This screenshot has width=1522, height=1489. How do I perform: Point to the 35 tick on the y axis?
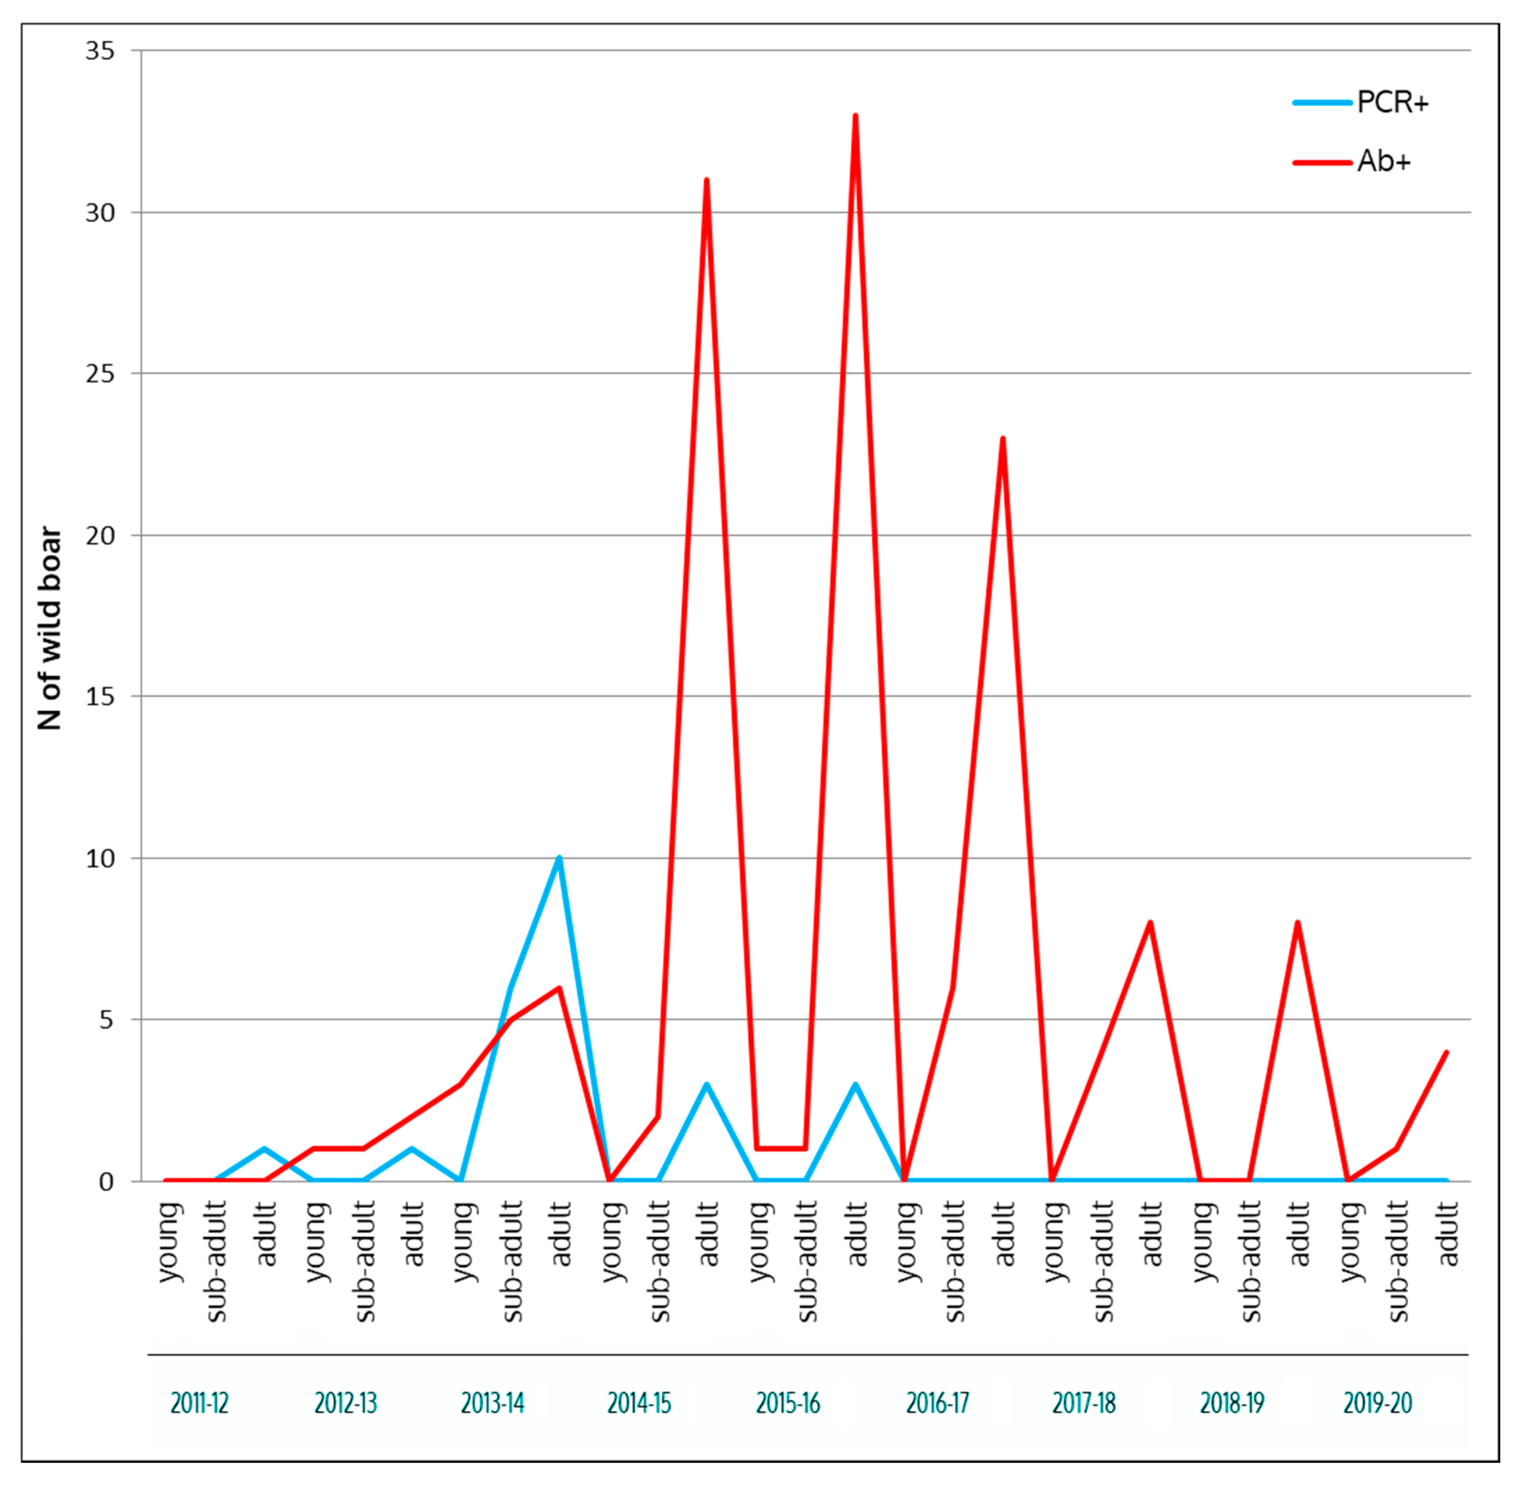tap(100, 51)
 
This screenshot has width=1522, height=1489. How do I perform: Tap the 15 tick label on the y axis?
tap(100, 696)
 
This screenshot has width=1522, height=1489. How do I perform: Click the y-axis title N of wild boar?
tap(49, 628)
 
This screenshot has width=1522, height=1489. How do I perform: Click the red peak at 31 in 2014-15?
tap(706, 181)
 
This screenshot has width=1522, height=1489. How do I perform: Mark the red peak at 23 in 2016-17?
tap(1003, 439)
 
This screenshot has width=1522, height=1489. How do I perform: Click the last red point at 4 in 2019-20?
tap(1446, 1052)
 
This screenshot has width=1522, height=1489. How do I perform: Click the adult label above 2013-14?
tap(561, 1234)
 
